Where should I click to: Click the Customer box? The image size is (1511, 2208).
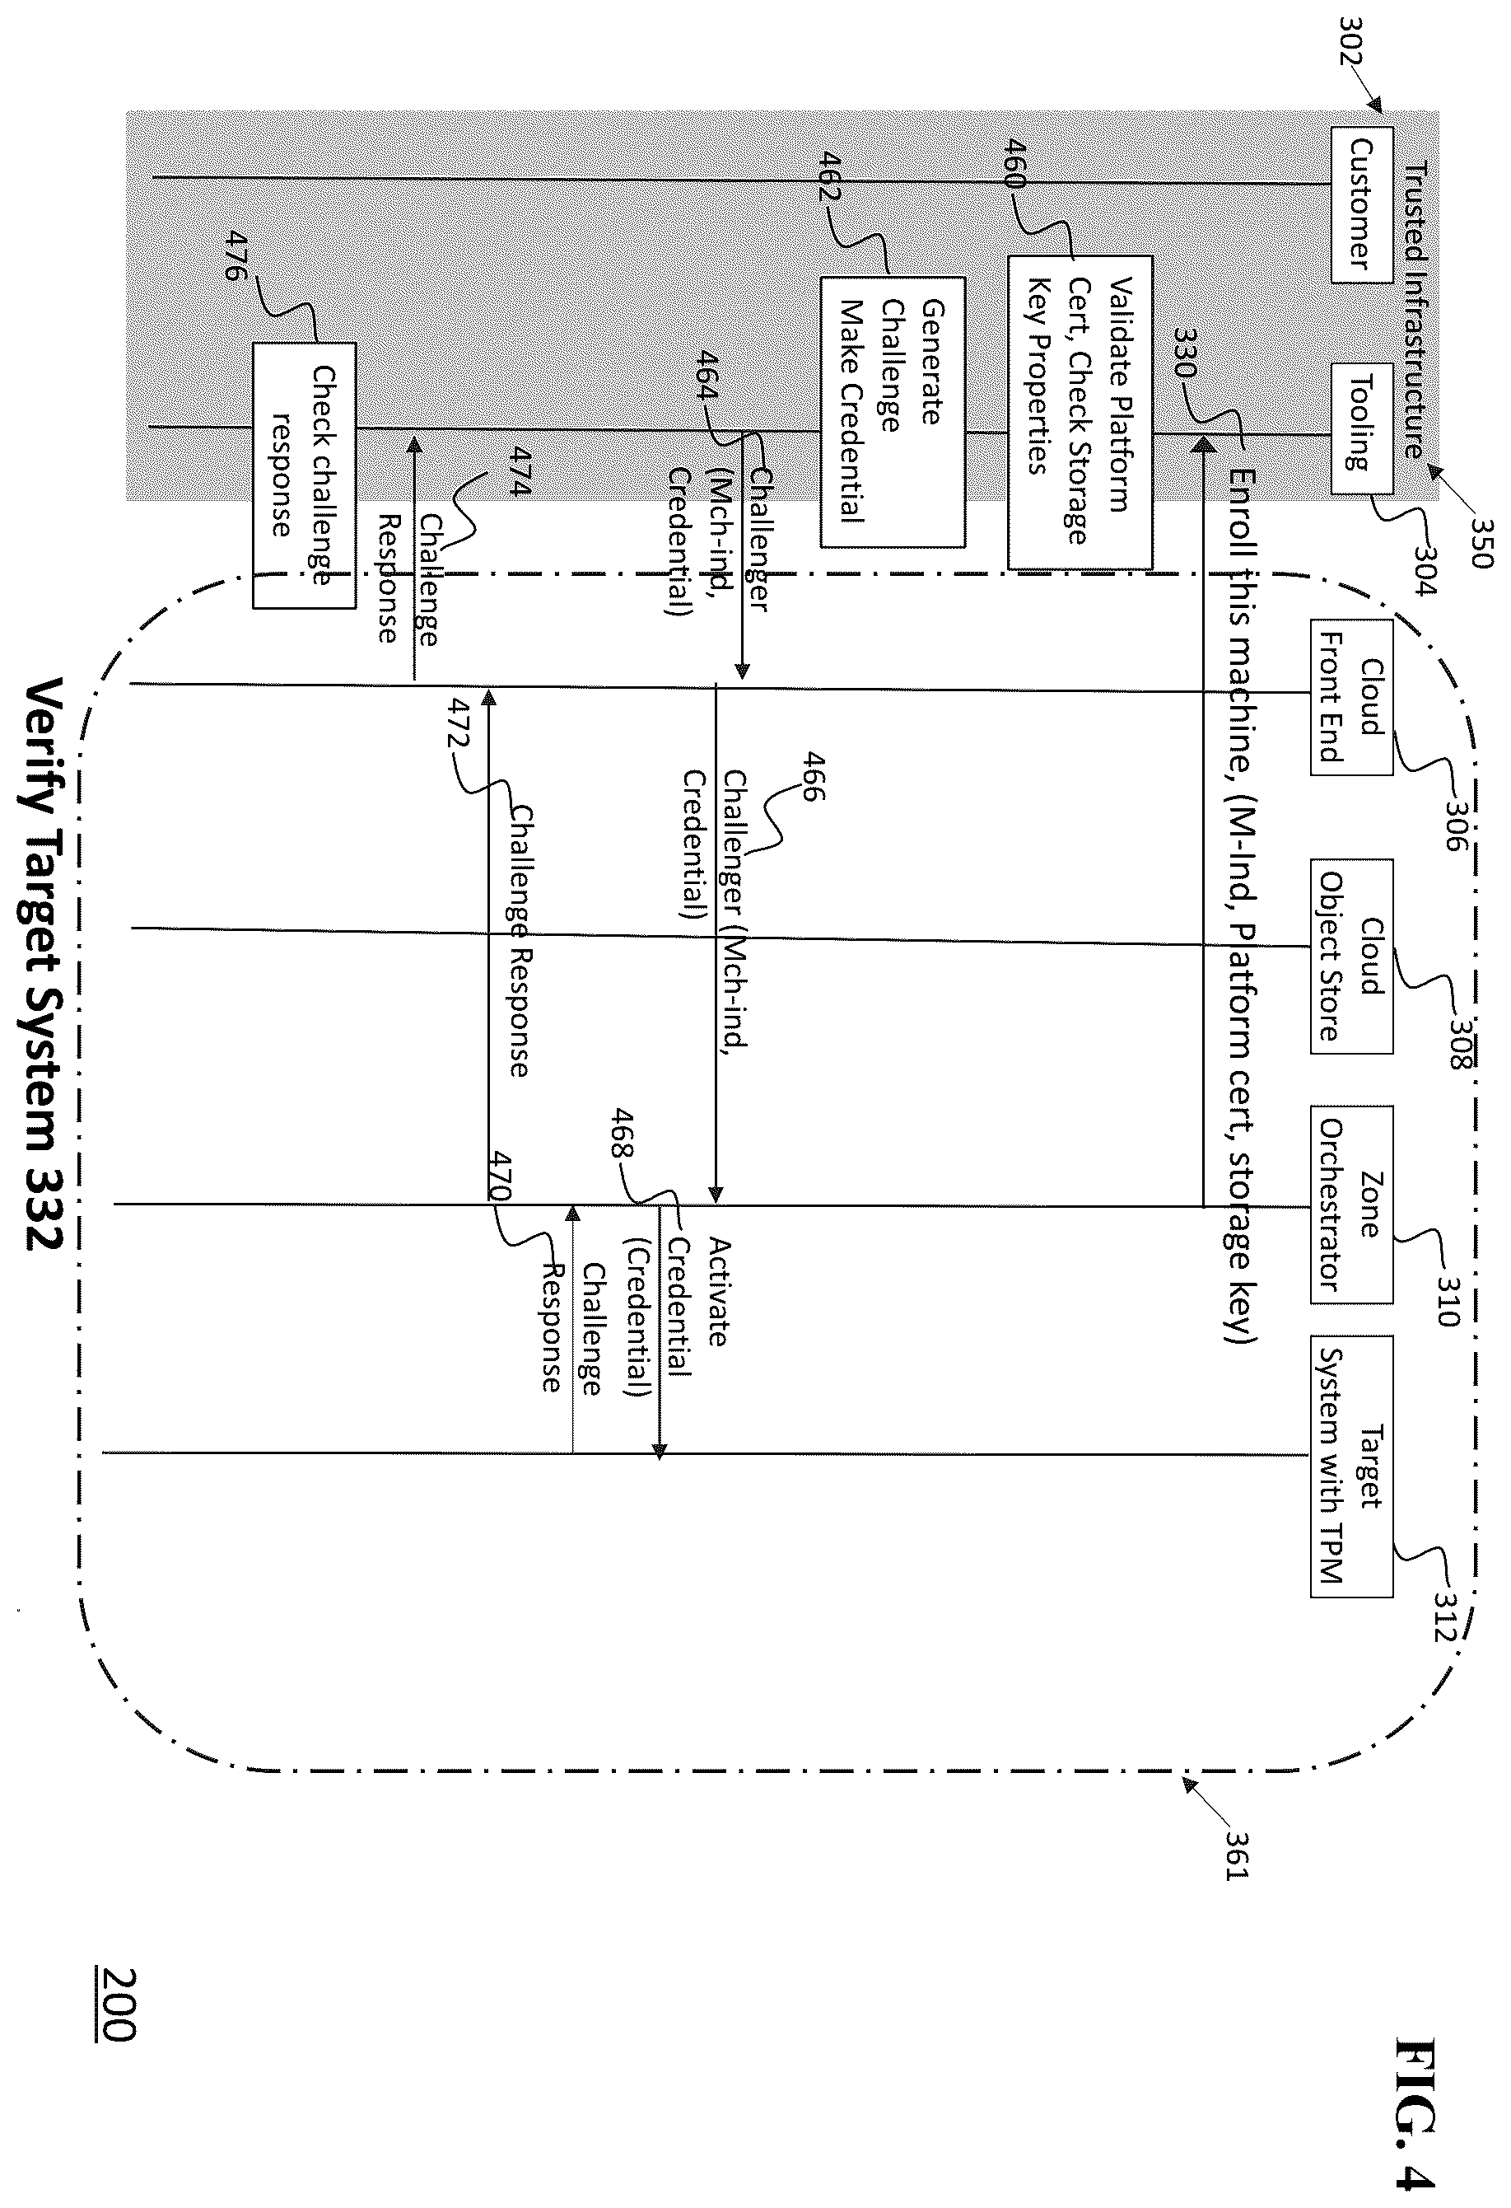[1361, 204]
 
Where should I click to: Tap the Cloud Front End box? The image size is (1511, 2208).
[1351, 697]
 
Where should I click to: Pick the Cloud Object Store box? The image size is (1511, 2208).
[1351, 956]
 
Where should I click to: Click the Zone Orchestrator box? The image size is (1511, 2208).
[1351, 1204]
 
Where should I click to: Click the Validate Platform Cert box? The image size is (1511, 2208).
[1080, 412]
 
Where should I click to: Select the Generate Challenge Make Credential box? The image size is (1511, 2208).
[893, 411]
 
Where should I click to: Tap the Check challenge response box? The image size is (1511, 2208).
[304, 475]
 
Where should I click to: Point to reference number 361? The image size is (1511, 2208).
[1238, 1853]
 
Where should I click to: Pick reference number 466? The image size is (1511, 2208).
[813, 776]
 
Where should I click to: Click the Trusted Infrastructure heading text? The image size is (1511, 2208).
[1415, 310]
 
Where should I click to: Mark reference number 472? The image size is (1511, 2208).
[463, 723]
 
